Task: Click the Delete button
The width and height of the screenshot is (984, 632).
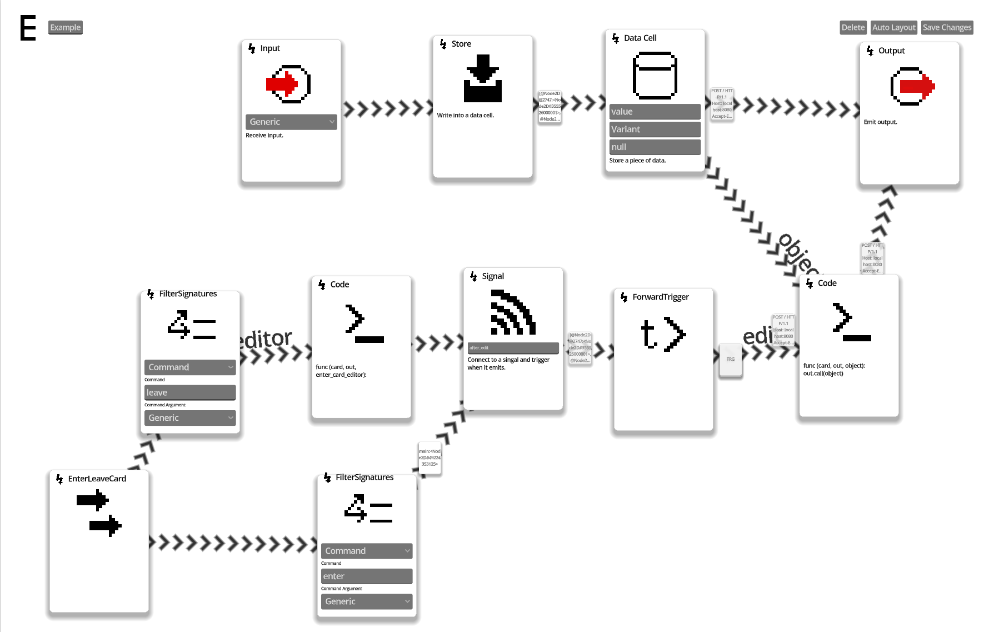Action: (x=852, y=27)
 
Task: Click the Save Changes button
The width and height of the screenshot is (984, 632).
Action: (x=947, y=27)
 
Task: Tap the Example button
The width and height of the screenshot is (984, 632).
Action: (x=65, y=27)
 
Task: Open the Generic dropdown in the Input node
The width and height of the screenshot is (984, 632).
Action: (x=291, y=122)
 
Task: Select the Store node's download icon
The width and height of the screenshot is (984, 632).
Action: (x=482, y=78)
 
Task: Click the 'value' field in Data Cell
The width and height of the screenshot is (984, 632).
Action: (x=655, y=112)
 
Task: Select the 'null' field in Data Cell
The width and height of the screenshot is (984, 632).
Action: (x=655, y=147)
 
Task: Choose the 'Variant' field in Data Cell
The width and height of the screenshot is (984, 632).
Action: (x=655, y=130)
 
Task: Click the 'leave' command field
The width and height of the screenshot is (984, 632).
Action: (x=190, y=392)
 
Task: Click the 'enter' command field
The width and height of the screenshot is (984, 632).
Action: (x=366, y=576)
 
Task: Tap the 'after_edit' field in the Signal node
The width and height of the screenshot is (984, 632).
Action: (x=513, y=348)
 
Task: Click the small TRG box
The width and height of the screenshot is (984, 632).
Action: (x=730, y=360)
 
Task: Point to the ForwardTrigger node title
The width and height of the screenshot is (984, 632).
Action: (x=660, y=297)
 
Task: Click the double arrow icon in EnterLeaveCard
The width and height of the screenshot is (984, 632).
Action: (x=99, y=512)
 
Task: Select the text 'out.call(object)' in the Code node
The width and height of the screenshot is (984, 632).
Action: (x=823, y=374)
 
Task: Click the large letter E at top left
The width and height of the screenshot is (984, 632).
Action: (x=28, y=28)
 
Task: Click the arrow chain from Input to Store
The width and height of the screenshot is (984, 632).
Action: (x=387, y=108)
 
